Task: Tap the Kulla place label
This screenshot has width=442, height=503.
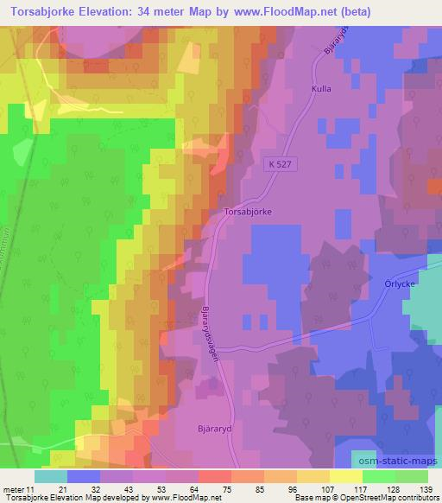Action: tap(321, 87)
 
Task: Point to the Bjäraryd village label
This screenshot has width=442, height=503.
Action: tap(213, 427)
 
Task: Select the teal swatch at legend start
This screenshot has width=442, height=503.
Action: tap(51, 476)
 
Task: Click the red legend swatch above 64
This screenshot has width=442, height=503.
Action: tap(215, 476)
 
